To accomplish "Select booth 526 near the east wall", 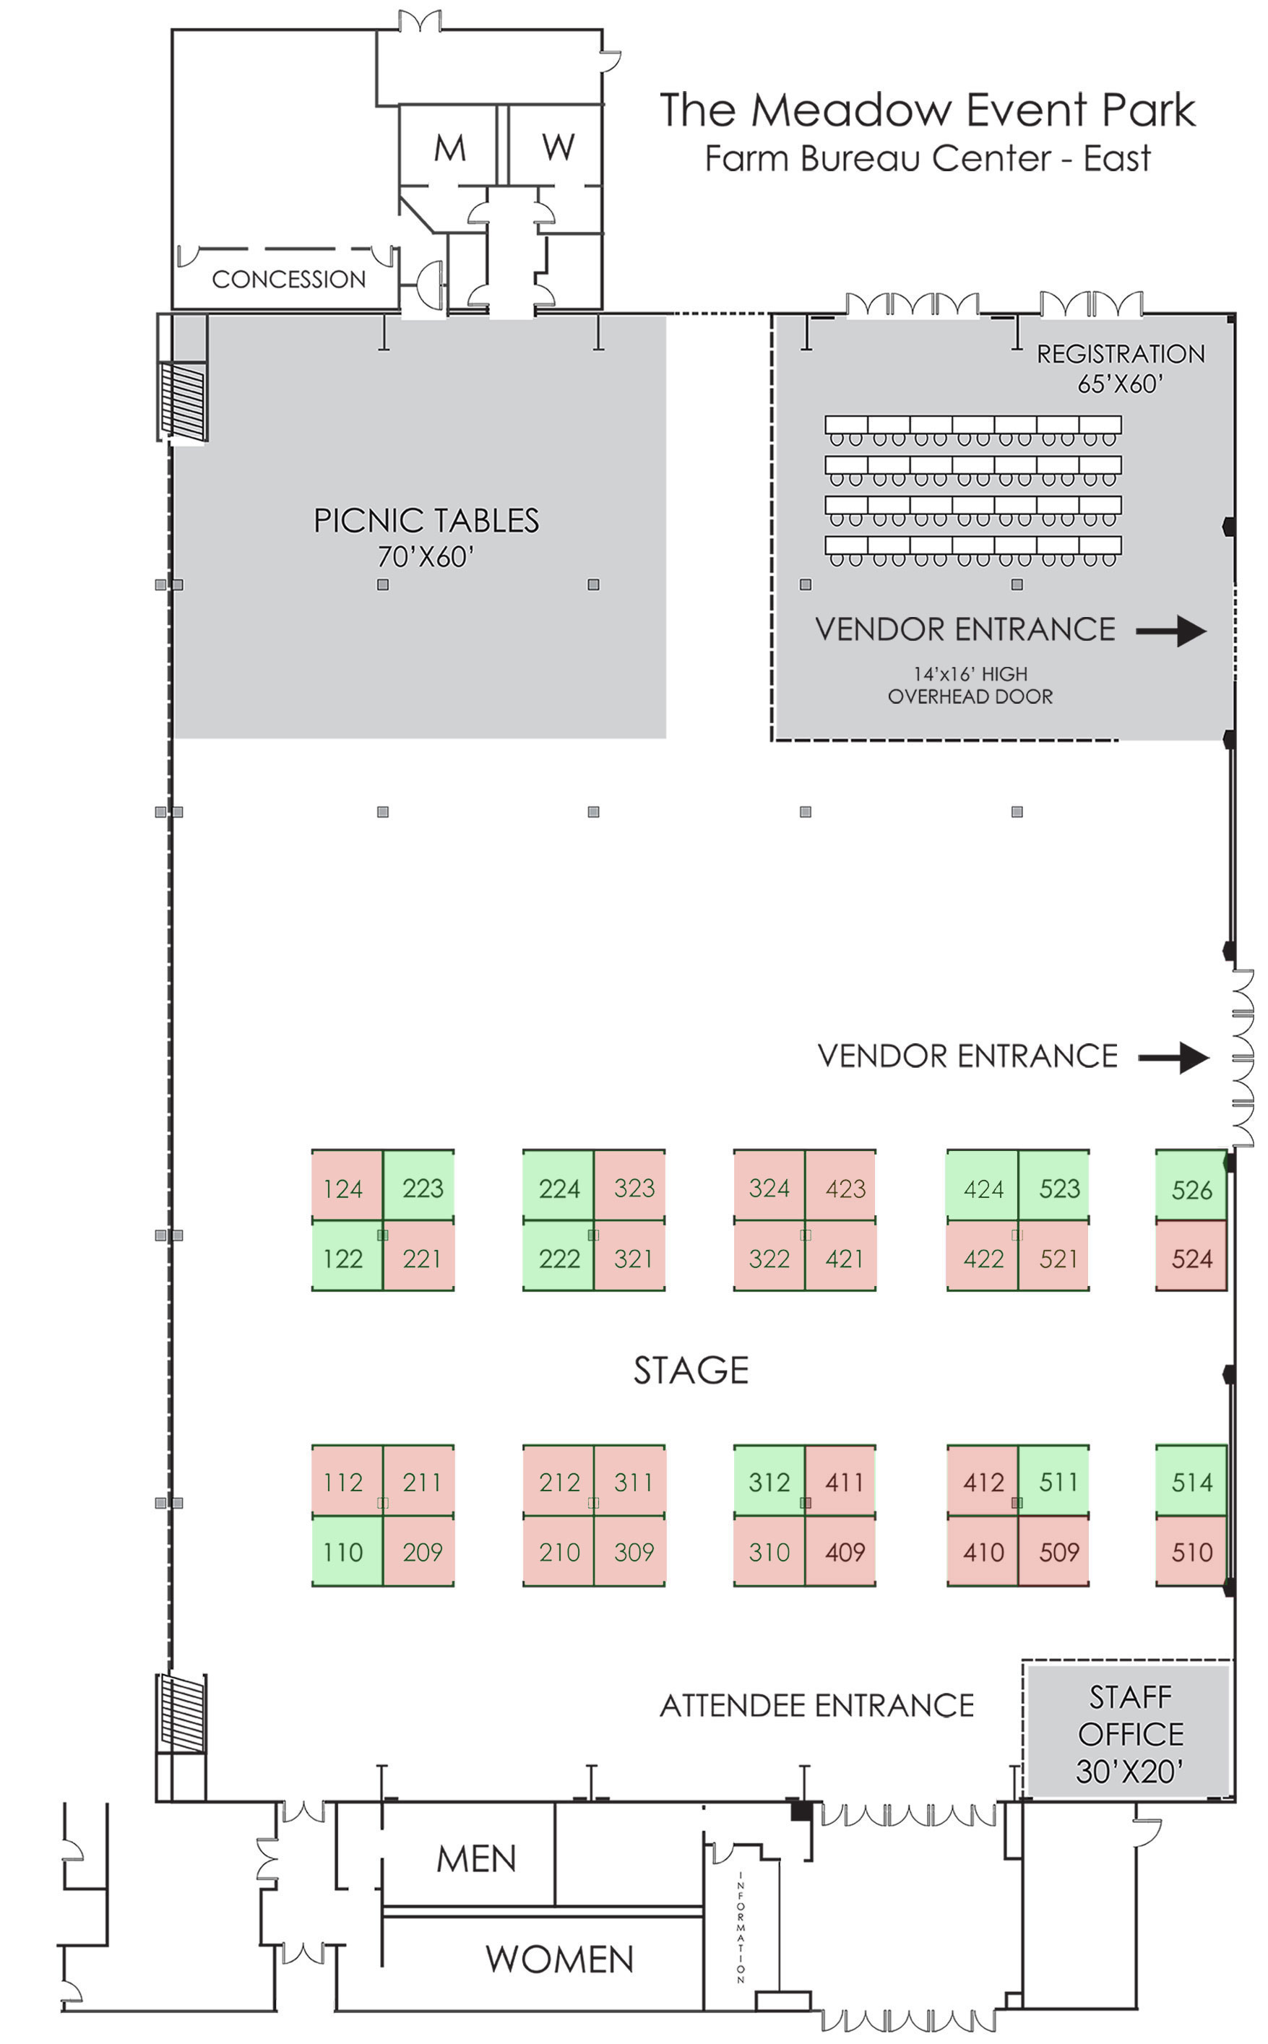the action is click(x=1191, y=1185).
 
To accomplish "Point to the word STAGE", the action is click(x=691, y=1370).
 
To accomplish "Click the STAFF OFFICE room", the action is click(x=1129, y=1731).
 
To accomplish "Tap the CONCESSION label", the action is click(x=288, y=279).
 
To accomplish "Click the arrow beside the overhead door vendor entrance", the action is click(x=1172, y=631).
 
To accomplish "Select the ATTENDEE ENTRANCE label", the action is click(x=817, y=1705).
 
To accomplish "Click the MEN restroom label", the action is click(x=476, y=1859).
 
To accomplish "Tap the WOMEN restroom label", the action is click(x=559, y=1959).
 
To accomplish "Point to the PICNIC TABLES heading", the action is click(x=426, y=521).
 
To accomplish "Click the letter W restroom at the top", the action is click(x=558, y=147).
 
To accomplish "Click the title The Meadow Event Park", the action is click(x=928, y=110).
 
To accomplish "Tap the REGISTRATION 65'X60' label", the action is click(x=1121, y=368).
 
